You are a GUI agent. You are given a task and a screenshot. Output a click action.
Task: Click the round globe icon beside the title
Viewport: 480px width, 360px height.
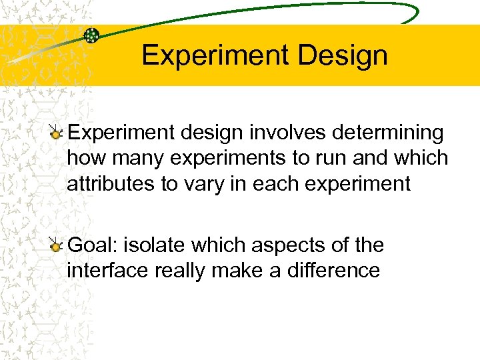click(x=91, y=36)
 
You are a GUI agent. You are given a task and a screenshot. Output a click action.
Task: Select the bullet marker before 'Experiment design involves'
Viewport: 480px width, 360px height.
click(x=57, y=133)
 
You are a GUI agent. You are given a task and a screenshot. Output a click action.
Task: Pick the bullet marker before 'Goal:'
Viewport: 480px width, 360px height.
click(x=57, y=246)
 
